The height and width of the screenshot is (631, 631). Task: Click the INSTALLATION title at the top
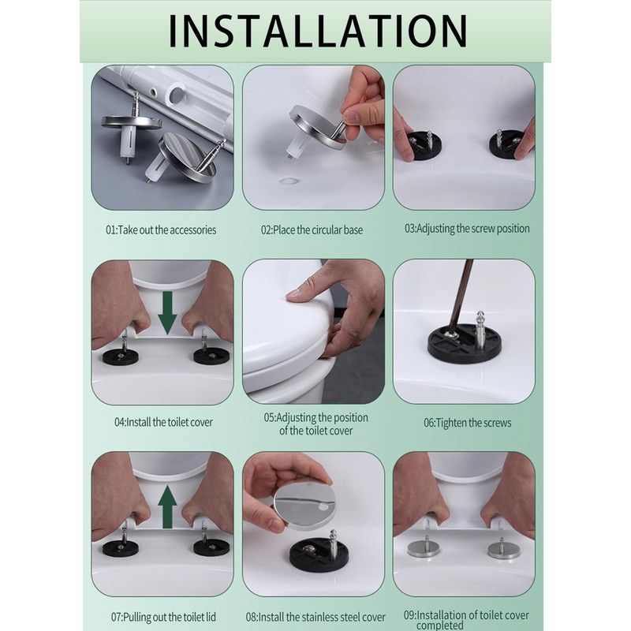point(318,32)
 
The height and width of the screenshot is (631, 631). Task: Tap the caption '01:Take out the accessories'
point(161,230)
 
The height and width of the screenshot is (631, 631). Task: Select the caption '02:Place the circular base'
point(312,230)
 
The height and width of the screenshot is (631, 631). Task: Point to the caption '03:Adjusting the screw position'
point(467,229)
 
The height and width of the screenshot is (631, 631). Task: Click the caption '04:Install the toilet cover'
point(163,422)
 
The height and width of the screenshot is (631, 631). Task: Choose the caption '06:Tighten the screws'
point(467,423)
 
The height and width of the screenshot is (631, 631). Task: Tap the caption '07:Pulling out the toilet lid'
point(163,617)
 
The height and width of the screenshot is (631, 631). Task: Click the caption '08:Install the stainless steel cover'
point(315,617)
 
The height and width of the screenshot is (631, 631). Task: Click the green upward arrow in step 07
point(167,506)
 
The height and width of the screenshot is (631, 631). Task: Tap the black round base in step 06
point(465,343)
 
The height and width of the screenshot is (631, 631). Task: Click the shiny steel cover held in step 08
point(304,504)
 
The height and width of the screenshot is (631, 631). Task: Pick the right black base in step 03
point(507,143)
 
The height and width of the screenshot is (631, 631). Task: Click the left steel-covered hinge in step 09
point(426,547)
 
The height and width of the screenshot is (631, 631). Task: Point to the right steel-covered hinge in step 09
point(504,548)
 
